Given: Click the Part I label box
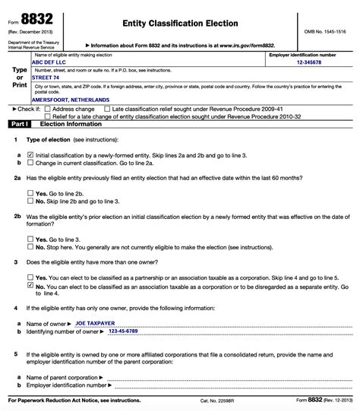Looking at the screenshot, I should coord(17,123).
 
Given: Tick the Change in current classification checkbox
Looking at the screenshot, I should coord(30,163).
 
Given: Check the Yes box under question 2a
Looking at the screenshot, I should coord(30,193).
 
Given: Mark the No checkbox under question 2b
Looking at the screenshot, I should coord(30,246).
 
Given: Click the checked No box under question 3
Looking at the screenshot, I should coord(30,286).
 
